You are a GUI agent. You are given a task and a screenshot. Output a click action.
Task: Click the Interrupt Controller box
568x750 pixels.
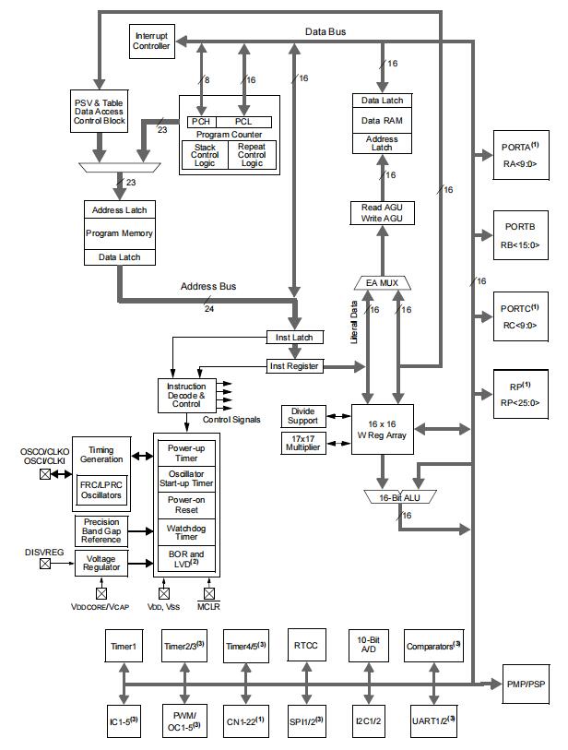coord(151,42)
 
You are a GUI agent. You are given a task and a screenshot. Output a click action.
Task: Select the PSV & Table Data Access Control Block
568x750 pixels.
coord(100,111)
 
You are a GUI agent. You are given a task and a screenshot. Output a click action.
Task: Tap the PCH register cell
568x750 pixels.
coord(200,122)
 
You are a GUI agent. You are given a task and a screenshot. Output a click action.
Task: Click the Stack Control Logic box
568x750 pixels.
coord(205,155)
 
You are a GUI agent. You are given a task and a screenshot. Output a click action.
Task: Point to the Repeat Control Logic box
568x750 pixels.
coord(251,155)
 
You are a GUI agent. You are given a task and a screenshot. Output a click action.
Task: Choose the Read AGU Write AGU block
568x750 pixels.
coord(381,212)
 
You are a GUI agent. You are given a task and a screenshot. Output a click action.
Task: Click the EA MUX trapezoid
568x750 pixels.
coord(381,281)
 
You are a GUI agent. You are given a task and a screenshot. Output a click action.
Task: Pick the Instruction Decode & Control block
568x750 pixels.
coord(186,395)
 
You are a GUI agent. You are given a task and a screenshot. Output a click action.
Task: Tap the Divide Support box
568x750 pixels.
coord(302,415)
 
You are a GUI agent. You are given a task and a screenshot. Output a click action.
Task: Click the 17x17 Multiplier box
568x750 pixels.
coord(302,443)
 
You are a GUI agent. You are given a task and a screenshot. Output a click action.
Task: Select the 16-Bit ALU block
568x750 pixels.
coord(398,498)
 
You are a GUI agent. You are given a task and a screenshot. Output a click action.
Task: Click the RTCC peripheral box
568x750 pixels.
coord(303,647)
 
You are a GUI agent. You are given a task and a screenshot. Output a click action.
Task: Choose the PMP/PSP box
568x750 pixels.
coord(526,683)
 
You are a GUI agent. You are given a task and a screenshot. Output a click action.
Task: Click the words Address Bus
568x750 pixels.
coord(208,287)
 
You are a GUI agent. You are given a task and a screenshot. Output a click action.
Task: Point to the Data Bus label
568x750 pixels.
coord(325,31)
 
